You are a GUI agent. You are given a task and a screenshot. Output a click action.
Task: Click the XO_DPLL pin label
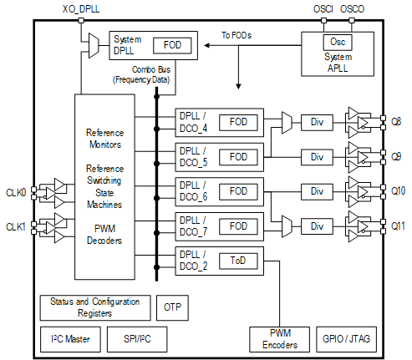80,8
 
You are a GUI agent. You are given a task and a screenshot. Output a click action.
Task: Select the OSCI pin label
324,8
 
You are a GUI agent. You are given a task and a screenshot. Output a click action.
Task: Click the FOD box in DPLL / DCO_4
238,123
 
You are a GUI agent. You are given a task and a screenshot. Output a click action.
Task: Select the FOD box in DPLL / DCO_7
238,226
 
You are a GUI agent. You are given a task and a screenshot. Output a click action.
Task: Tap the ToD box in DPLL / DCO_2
238,260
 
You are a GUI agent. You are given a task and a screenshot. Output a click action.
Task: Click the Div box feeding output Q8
317,123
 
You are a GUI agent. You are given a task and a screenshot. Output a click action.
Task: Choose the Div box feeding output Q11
317,226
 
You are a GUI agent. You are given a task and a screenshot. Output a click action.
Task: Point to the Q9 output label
397,156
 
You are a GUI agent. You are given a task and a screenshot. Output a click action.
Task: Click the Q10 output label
399,190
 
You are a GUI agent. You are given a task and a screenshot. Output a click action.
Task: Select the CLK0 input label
15,191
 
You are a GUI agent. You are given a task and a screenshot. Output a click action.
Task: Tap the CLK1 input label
15,226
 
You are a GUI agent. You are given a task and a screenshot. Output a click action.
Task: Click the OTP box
172,307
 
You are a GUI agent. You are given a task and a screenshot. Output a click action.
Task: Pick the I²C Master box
71,339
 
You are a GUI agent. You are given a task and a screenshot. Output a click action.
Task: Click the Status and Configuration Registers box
95,307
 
